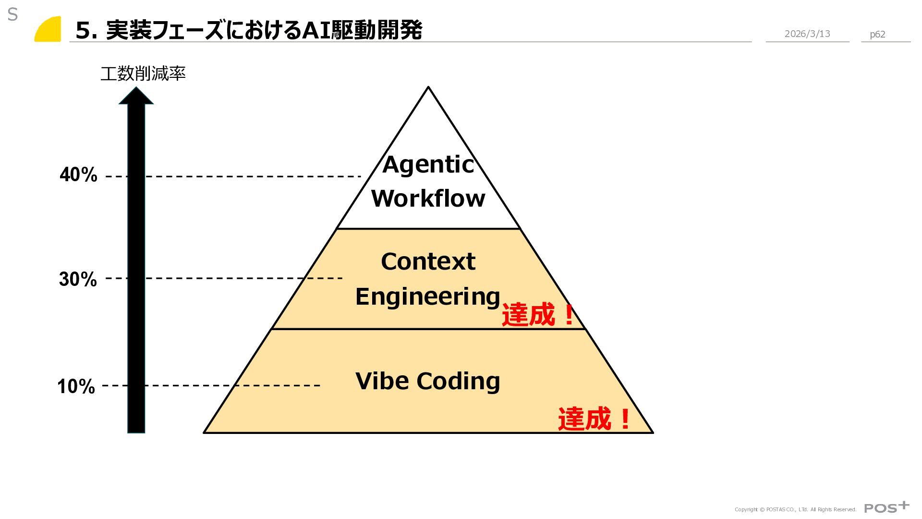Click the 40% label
(78, 175)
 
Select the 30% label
(78, 279)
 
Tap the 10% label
(76, 386)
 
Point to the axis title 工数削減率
(143, 74)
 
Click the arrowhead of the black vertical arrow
(136, 96)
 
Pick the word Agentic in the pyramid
(428, 165)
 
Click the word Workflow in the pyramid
(428, 198)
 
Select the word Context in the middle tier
(428, 261)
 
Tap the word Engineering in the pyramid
(427, 297)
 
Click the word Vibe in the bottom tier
(382, 381)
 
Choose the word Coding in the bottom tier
(458, 381)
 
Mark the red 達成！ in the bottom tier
(594, 419)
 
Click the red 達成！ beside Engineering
(538, 315)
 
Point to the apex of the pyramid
(428, 88)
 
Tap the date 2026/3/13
(807, 34)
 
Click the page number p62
(877, 34)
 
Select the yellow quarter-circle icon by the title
(49, 30)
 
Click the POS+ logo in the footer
(886, 507)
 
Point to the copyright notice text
(795, 509)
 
